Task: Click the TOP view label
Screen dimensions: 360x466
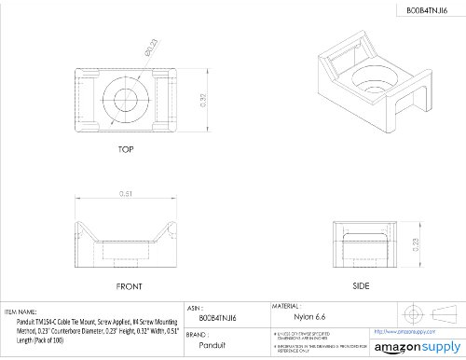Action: tap(125, 149)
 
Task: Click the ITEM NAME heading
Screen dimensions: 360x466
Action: tap(21, 311)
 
